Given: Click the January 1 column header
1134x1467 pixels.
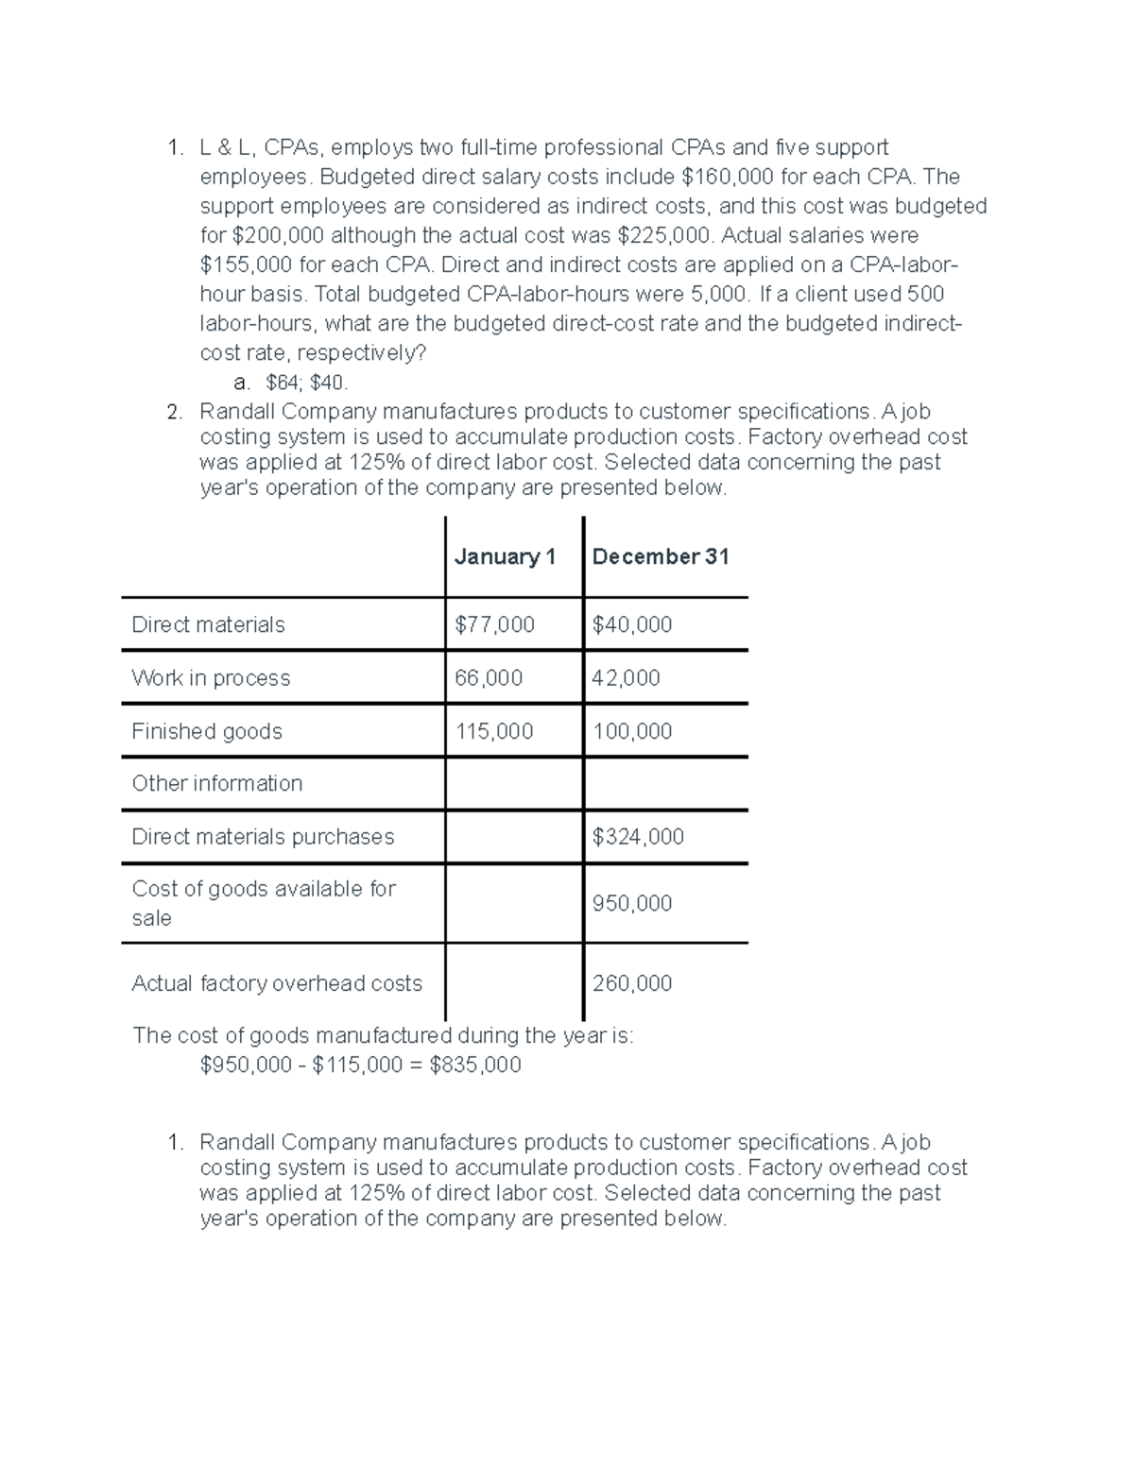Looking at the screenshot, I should pyautogui.click(x=505, y=557).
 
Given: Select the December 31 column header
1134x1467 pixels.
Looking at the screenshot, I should pyautogui.click(x=661, y=557).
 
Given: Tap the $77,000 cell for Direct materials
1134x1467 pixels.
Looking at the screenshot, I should pyautogui.click(x=494, y=624).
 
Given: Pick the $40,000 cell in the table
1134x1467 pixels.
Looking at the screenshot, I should pyautogui.click(x=632, y=624).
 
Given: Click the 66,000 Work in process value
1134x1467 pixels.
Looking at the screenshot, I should pyautogui.click(x=489, y=678).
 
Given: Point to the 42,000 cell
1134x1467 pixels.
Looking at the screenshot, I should pyautogui.click(x=626, y=678).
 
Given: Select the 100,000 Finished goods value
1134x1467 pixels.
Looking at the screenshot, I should pyautogui.click(x=632, y=731).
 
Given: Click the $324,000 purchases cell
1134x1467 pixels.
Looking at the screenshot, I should pyautogui.click(x=638, y=837).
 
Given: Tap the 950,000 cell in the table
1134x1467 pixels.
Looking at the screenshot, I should pyautogui.click(x=632, y=904).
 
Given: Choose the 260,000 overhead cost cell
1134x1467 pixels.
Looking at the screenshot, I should pyautogui.click(x=632, y=983).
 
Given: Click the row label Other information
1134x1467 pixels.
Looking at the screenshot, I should pyautogui.click(x=217, y=783).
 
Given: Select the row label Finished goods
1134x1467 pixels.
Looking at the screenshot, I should pyautogui.click(x=207, y=731).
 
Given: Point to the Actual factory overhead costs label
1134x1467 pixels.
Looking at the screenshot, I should pyautogui.click(x=277, y=983).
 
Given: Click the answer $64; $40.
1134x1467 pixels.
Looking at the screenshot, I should pyautogui.click(x=307, y=383).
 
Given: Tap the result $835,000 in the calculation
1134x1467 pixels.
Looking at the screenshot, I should pyautogui.click(x=475, y=1066).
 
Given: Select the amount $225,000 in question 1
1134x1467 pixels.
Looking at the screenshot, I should pyautogui.click(x=665, y=235).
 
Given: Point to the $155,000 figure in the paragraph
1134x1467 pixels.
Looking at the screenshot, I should pyautogui.click(x=247, y=264).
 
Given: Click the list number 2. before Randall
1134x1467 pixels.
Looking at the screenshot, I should pyautogui.click(x=174, y=412).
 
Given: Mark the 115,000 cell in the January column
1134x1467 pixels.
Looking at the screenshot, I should pyautogui.click(x=494, y=731).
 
